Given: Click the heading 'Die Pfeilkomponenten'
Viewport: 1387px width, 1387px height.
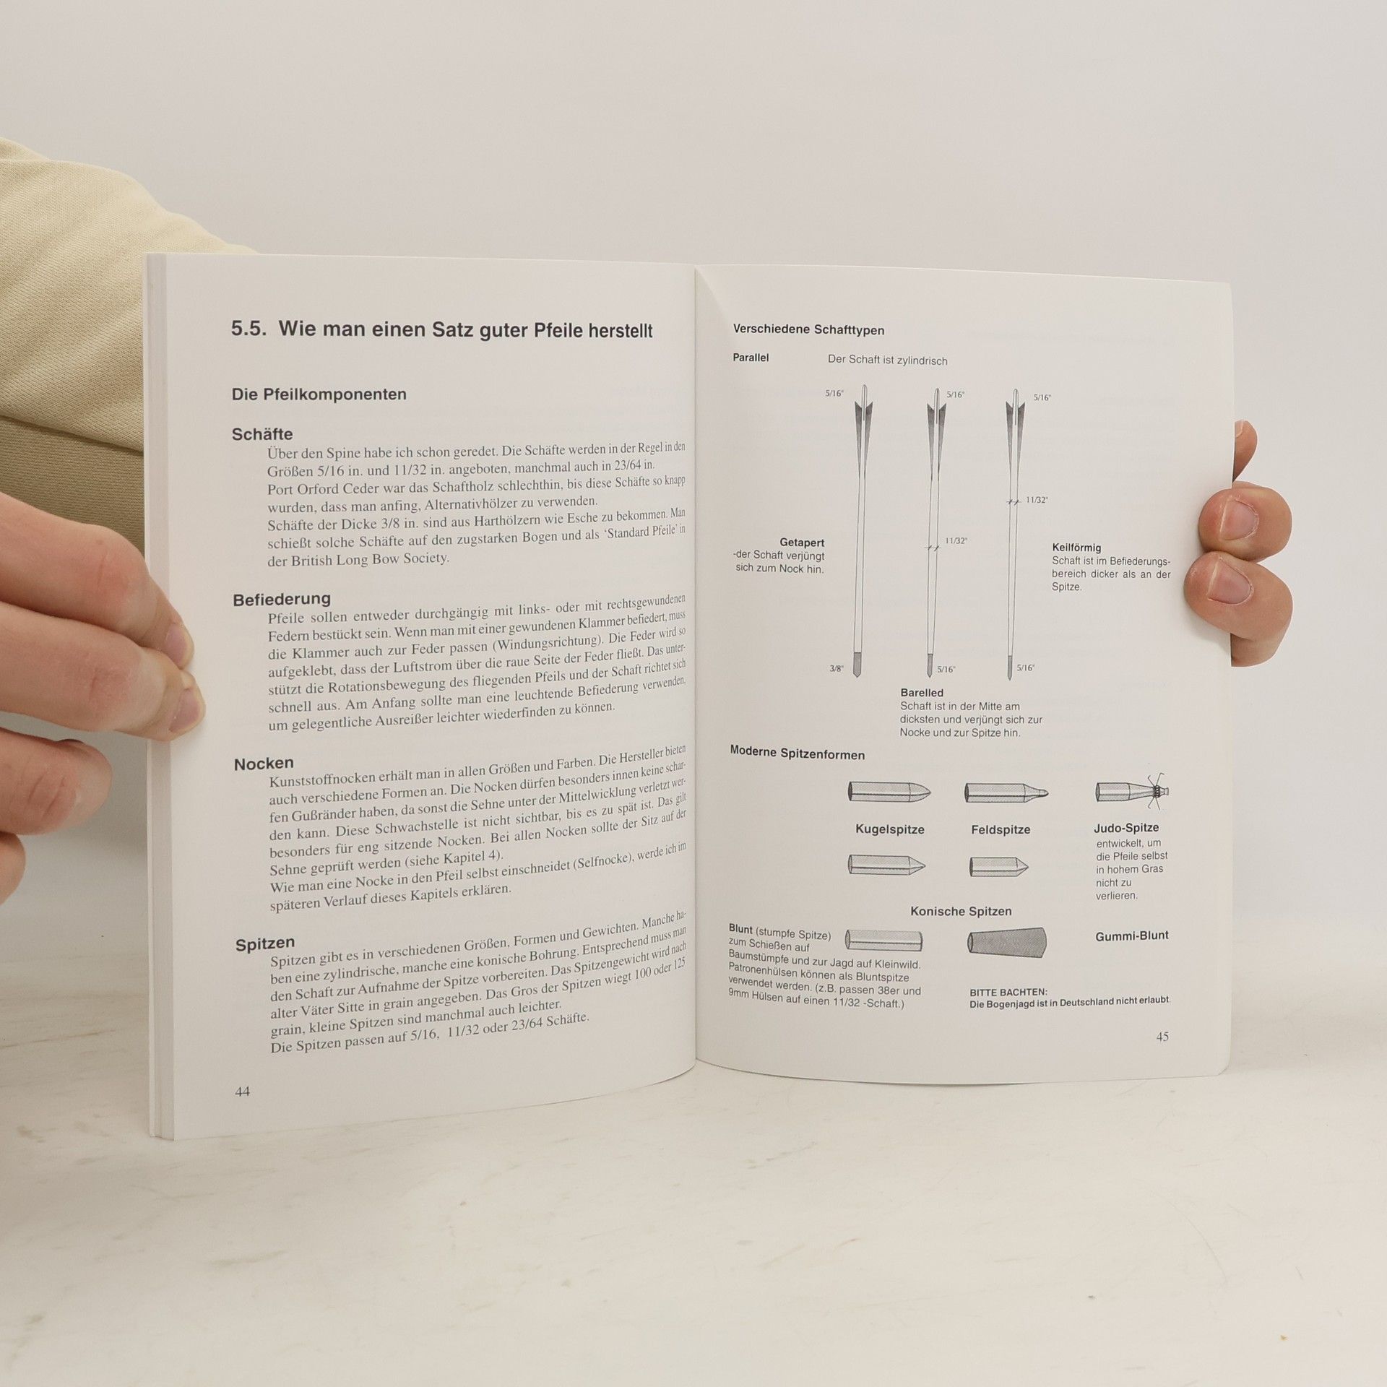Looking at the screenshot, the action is [x=319, y=394].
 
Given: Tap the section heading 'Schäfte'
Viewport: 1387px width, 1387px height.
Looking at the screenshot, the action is [x=262, y=434].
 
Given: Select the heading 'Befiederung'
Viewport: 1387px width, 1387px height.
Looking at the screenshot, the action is [x=282, y=600].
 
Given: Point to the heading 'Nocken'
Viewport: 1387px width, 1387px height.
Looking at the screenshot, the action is [x=264, y=764].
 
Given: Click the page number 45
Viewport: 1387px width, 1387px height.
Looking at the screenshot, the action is [x=1162, y=1037].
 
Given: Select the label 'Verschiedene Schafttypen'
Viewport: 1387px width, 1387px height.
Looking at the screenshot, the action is [x=808, y=329].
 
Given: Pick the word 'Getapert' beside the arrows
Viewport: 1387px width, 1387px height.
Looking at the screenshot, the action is [x=802, y=543].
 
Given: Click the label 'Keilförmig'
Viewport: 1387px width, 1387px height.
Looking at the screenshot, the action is [x=1076, y=548].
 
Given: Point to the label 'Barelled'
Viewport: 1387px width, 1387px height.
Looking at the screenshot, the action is [x=922, y=693].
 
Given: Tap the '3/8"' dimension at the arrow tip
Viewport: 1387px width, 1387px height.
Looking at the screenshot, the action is [x=837, y=669].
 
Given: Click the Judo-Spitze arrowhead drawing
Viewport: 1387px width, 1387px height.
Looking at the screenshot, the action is [x=1132, y=791].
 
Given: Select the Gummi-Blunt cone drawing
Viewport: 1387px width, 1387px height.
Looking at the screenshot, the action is [x=1007, y=942].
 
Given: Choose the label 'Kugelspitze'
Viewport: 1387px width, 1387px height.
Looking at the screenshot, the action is [x=889, y=830].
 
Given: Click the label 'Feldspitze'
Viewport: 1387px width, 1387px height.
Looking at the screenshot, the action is [x=1001, y=830].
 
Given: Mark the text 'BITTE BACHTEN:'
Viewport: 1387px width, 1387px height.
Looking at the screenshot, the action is [x=1008, y=993].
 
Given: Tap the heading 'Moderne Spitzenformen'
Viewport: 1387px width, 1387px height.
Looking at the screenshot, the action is [x=798, y=754].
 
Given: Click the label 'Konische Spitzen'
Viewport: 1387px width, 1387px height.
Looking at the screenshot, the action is [x=961, y=912].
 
